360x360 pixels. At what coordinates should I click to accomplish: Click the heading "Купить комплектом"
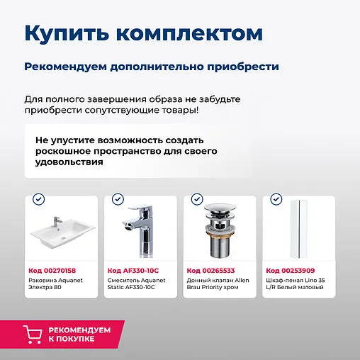click(143, 33)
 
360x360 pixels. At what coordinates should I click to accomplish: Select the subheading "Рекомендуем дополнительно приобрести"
click(151, 67)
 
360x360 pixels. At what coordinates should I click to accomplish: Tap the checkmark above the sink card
click(38, 200)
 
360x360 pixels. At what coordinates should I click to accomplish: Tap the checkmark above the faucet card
click(118, 200)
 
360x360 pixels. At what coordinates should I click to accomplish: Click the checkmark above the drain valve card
click(197, 200)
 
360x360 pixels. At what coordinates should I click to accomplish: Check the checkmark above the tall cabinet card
click(276, 200)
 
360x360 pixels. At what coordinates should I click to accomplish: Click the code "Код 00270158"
click(52, 270)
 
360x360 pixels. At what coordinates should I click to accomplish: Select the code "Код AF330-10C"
click(133, 270)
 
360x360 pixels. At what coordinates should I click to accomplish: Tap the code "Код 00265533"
click(210, 270)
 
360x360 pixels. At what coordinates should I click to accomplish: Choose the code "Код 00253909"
click(290, 270)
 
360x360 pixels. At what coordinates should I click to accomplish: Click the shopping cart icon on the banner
click(32, 334)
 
